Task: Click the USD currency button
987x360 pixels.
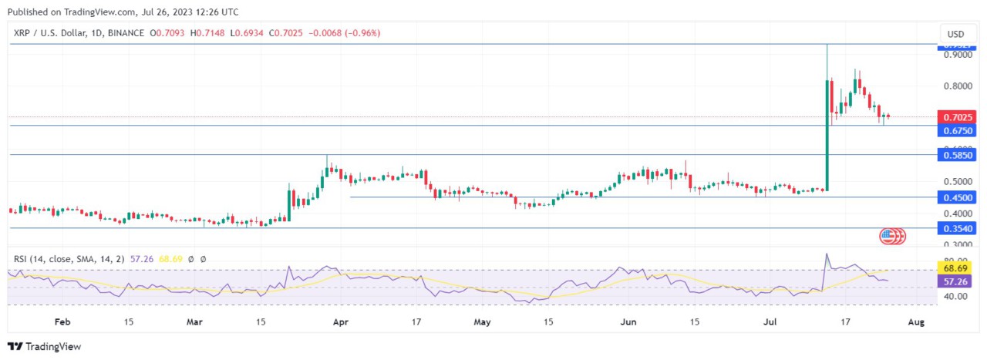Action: [956, 34]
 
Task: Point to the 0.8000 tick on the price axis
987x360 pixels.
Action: [956, 86]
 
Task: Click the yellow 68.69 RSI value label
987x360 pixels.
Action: [956, 268]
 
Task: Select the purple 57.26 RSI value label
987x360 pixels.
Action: [956, 282]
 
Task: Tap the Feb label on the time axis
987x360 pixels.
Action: [62, 321]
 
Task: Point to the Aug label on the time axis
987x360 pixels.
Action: [915, 321]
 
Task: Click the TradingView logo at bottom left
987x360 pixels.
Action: [44, 347]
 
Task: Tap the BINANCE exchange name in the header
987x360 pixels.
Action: [126, 33]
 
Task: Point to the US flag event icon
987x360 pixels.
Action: [888, 235]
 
